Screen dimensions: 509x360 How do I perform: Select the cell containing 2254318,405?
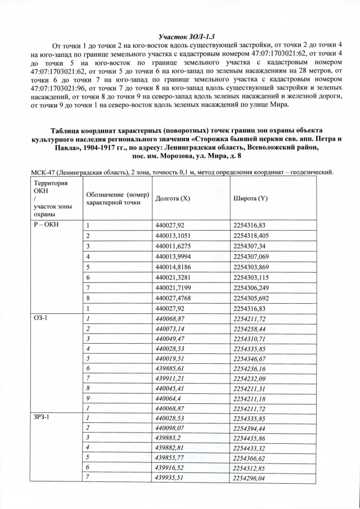251,236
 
